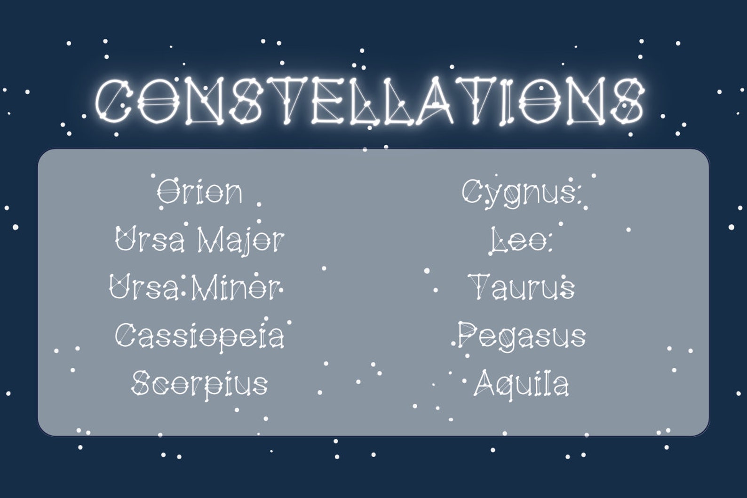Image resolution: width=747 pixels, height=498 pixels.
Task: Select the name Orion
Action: [200, 191]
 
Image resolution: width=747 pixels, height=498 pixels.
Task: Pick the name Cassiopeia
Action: [200, 336]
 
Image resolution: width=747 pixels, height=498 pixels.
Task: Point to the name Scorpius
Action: [200, 383]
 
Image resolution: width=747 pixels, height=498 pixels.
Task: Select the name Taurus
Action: [522, 287]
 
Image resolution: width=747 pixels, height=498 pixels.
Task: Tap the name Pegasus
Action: [522, 336]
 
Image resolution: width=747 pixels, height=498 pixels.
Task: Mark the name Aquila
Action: [521, 383]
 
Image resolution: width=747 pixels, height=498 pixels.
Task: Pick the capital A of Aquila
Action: [484, 383]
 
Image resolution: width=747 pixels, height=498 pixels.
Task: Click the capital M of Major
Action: [209, 239]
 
